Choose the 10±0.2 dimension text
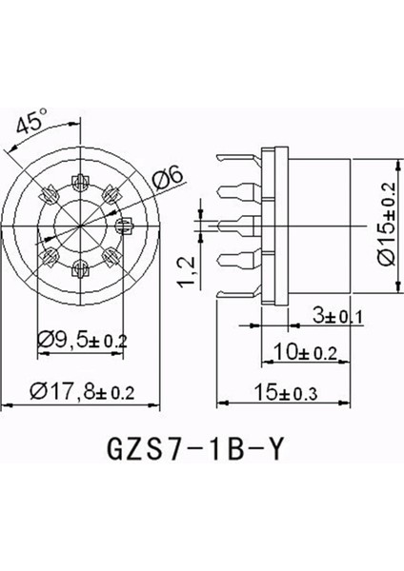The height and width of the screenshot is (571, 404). coord(303,352)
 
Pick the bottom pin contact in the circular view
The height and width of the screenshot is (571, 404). coord(75,268)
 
